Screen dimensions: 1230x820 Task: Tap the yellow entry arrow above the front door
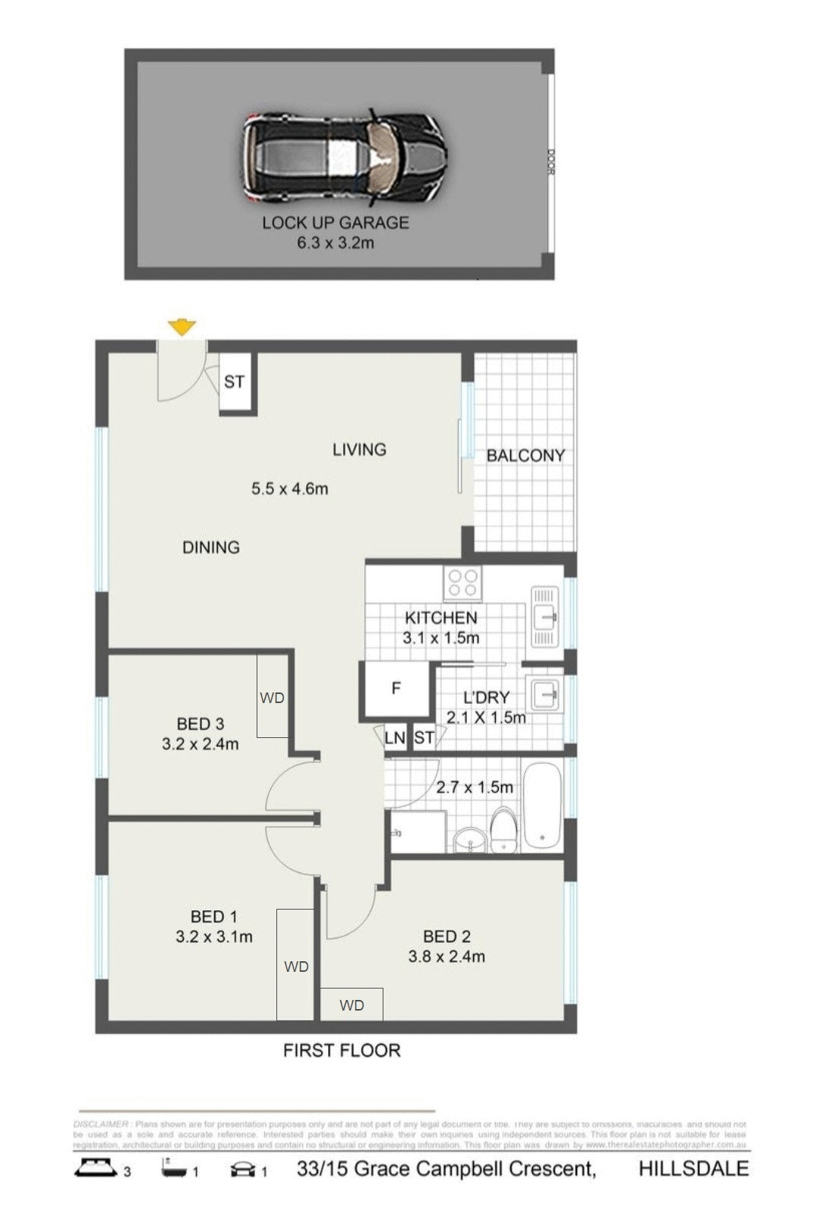[181, 328]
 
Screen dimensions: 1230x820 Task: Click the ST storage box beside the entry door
[234, 382]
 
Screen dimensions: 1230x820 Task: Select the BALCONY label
[525, 456]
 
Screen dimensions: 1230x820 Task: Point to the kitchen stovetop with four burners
[463, 583]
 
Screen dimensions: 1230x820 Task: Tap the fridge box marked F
[396, 689]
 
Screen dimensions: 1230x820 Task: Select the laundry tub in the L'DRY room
[545, 693]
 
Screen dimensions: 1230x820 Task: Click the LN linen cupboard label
[395, 738]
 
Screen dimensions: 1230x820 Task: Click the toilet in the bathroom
[504, 831]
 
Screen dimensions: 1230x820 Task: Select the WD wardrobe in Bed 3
[272, 697]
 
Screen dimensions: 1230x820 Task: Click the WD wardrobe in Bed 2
[352, 1004]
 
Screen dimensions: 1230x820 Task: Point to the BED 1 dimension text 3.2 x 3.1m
[214, 937]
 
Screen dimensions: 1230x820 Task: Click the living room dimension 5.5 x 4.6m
[290, 489]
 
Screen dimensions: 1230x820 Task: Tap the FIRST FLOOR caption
[342, 1051]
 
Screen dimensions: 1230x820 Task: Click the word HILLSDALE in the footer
[693, 1168]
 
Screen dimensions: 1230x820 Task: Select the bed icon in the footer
[96, 1168]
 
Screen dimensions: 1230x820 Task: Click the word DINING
[211, 547]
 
